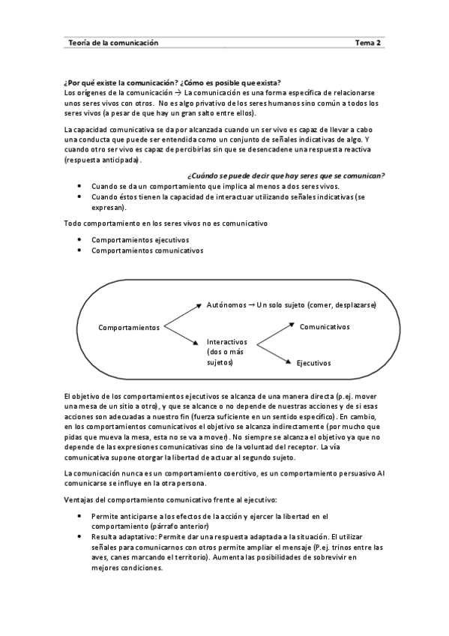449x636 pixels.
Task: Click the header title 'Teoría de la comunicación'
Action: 113,43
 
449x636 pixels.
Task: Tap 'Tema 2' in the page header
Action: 368,43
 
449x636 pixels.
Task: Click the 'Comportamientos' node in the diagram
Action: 129,328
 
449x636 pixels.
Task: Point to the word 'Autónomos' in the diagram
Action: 226,305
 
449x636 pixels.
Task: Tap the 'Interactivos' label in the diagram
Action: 226,341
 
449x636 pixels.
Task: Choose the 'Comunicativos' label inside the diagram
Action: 325,327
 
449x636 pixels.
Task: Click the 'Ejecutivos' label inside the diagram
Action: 313,363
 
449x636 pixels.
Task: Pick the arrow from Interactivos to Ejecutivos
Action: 274,354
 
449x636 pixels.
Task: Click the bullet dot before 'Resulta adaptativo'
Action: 80,538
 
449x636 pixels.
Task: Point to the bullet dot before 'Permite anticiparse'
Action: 80,517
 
